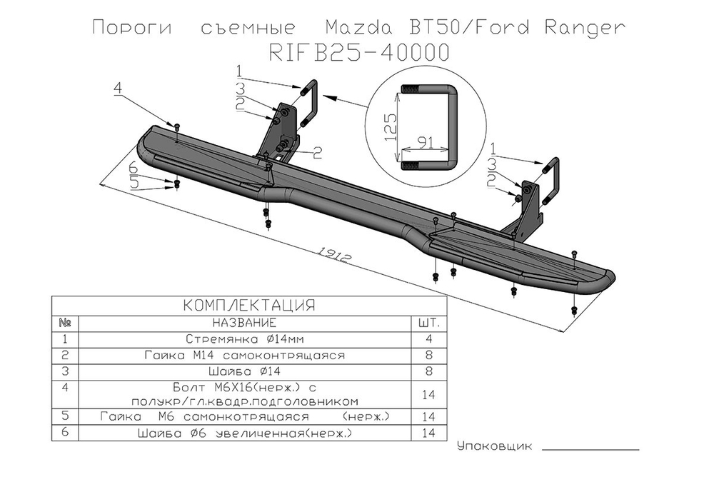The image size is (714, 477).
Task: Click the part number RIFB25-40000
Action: point(359,54)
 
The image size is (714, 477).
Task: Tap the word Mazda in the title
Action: point(358,29)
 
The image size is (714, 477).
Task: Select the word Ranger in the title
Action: point(585,29)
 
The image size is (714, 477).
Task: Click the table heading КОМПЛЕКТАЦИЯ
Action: point(249,306)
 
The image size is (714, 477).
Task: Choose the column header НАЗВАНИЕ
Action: point(246,323)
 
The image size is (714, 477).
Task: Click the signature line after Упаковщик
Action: point(595,450)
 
